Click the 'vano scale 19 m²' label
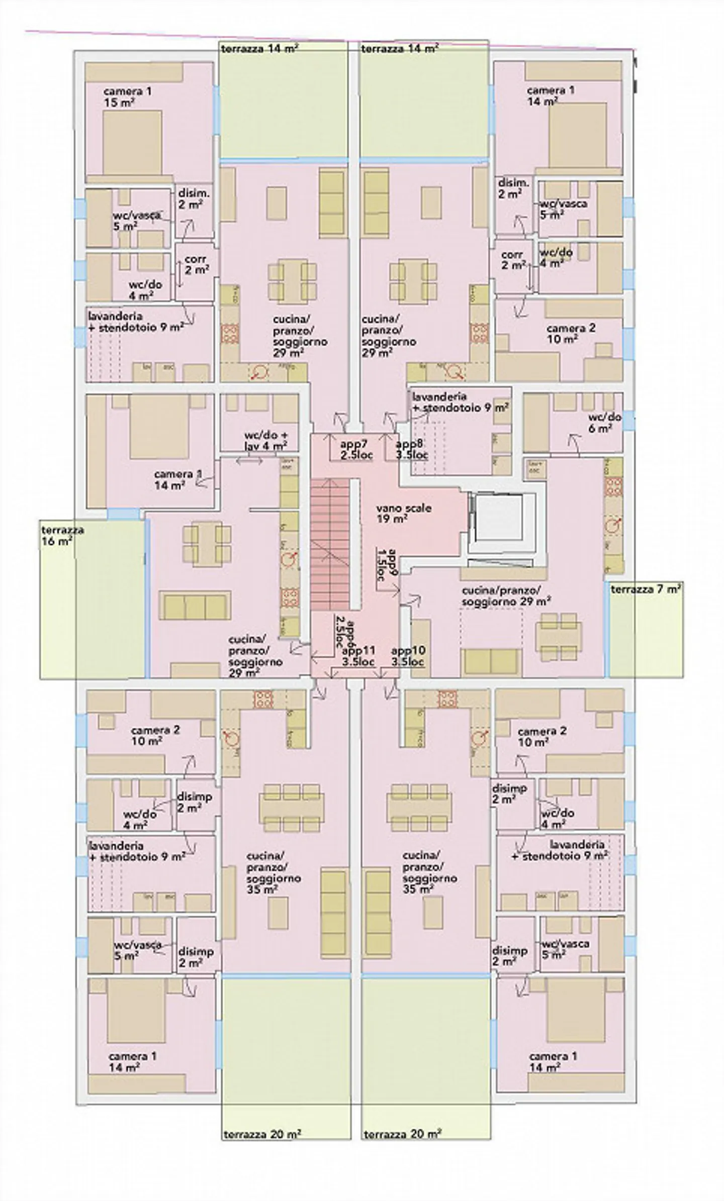[403, 514]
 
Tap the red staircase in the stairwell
[330, 544]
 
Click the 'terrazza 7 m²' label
[646, 589]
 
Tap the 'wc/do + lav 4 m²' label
[265, 440]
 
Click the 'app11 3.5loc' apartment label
[358, 656]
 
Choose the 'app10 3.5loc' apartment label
[408, 656]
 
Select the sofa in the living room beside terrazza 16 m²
[195, 605]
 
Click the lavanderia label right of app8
[459, 403]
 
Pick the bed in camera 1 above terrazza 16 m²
[159, 427]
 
